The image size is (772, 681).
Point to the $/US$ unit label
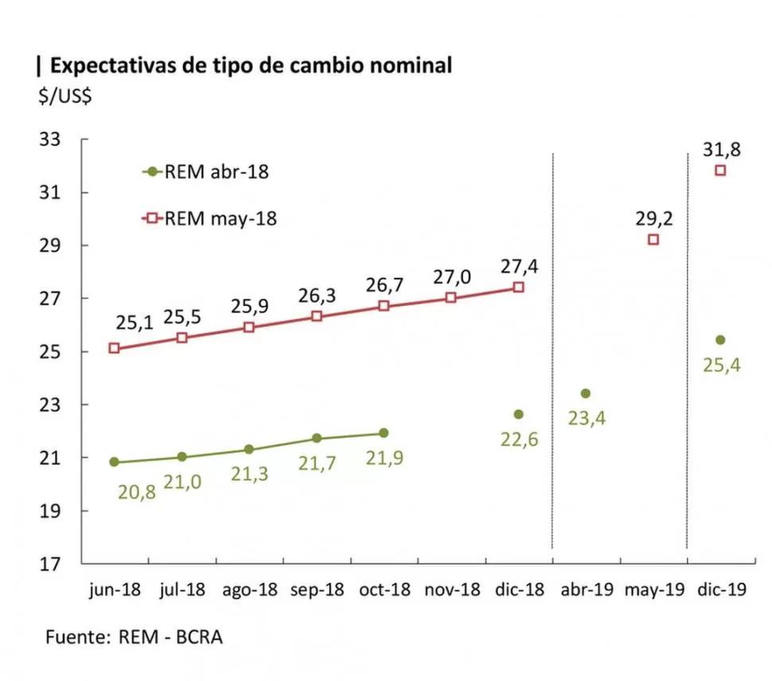coord(64,96)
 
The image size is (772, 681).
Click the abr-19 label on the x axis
coord(586,590)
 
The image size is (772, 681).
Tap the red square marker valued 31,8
coord(720,170)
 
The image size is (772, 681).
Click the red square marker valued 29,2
coord(653,240)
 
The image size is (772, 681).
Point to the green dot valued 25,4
coord(720,340)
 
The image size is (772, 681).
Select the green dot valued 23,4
coord(586,393)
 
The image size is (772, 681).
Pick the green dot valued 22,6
coord(518,414)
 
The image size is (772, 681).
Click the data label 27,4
coord(518,267)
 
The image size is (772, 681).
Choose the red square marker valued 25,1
coord(114,348)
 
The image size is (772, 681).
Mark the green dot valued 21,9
coord(384,433)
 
